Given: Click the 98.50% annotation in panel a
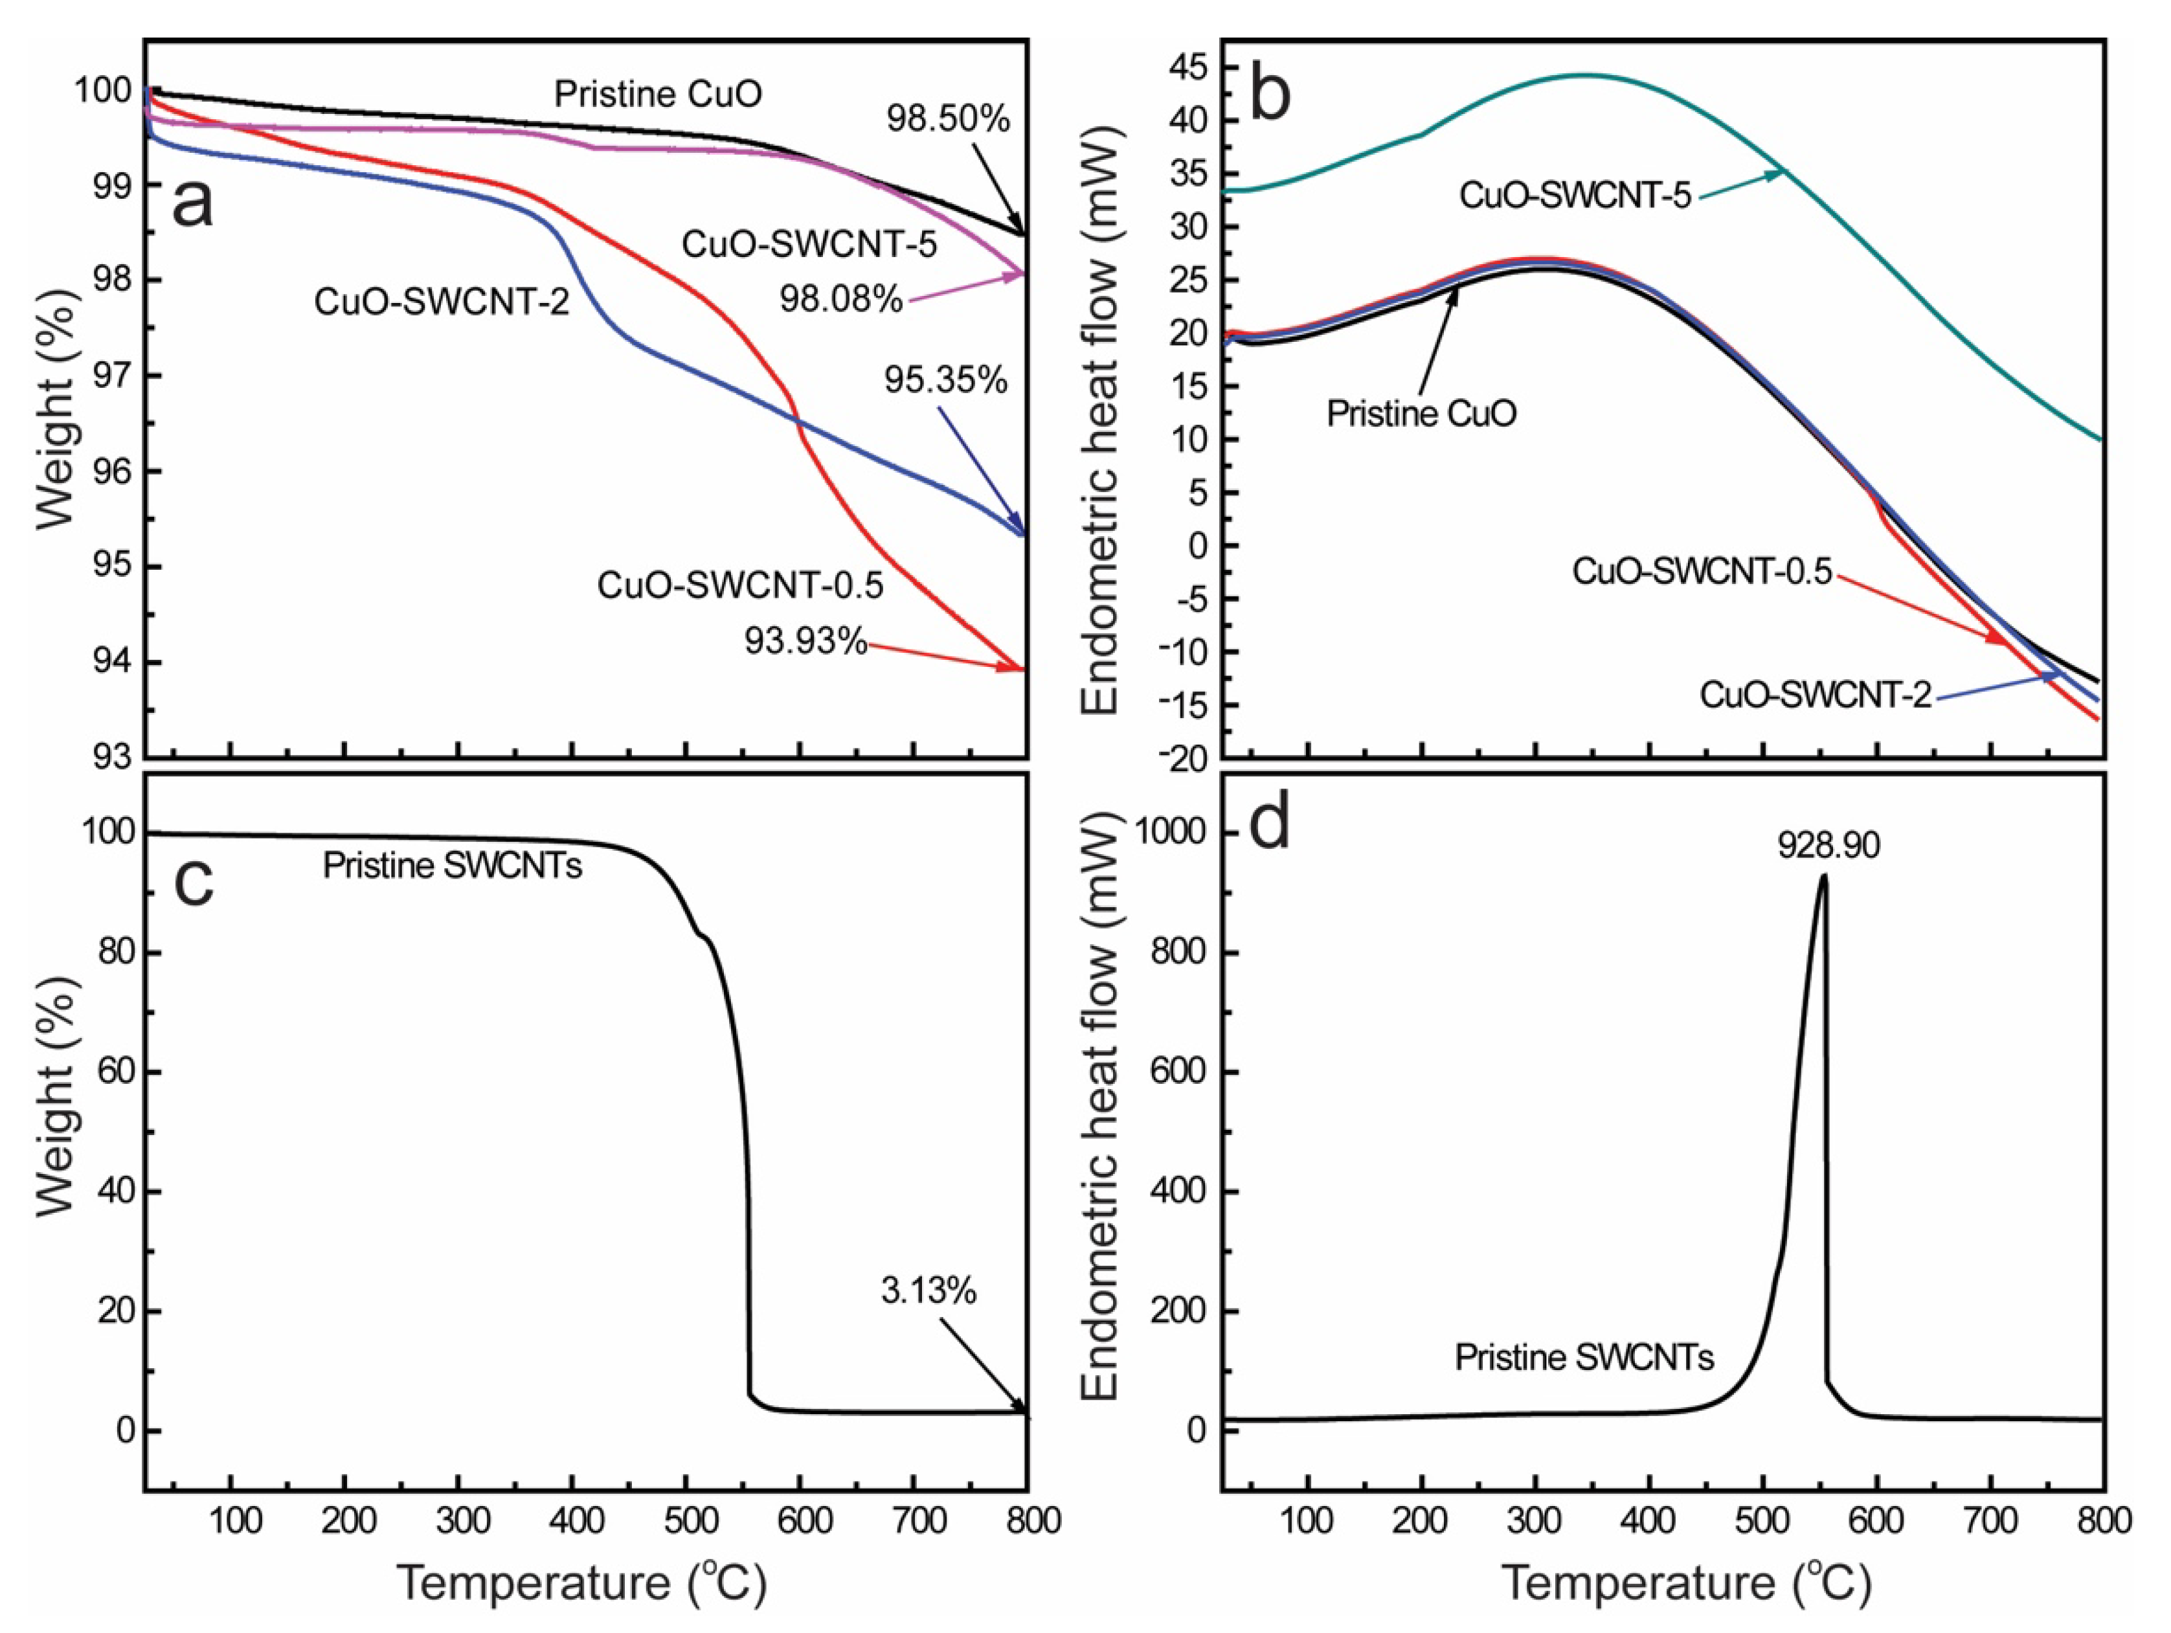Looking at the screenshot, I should coord(947,120).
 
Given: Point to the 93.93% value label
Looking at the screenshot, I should coord(805,642).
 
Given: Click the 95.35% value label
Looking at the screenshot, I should coord(945,380).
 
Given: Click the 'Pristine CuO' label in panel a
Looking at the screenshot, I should coord(658,95).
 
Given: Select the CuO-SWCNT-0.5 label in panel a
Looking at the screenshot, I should coord(740,586).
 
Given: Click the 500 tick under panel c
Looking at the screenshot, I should coord(691,1521).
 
